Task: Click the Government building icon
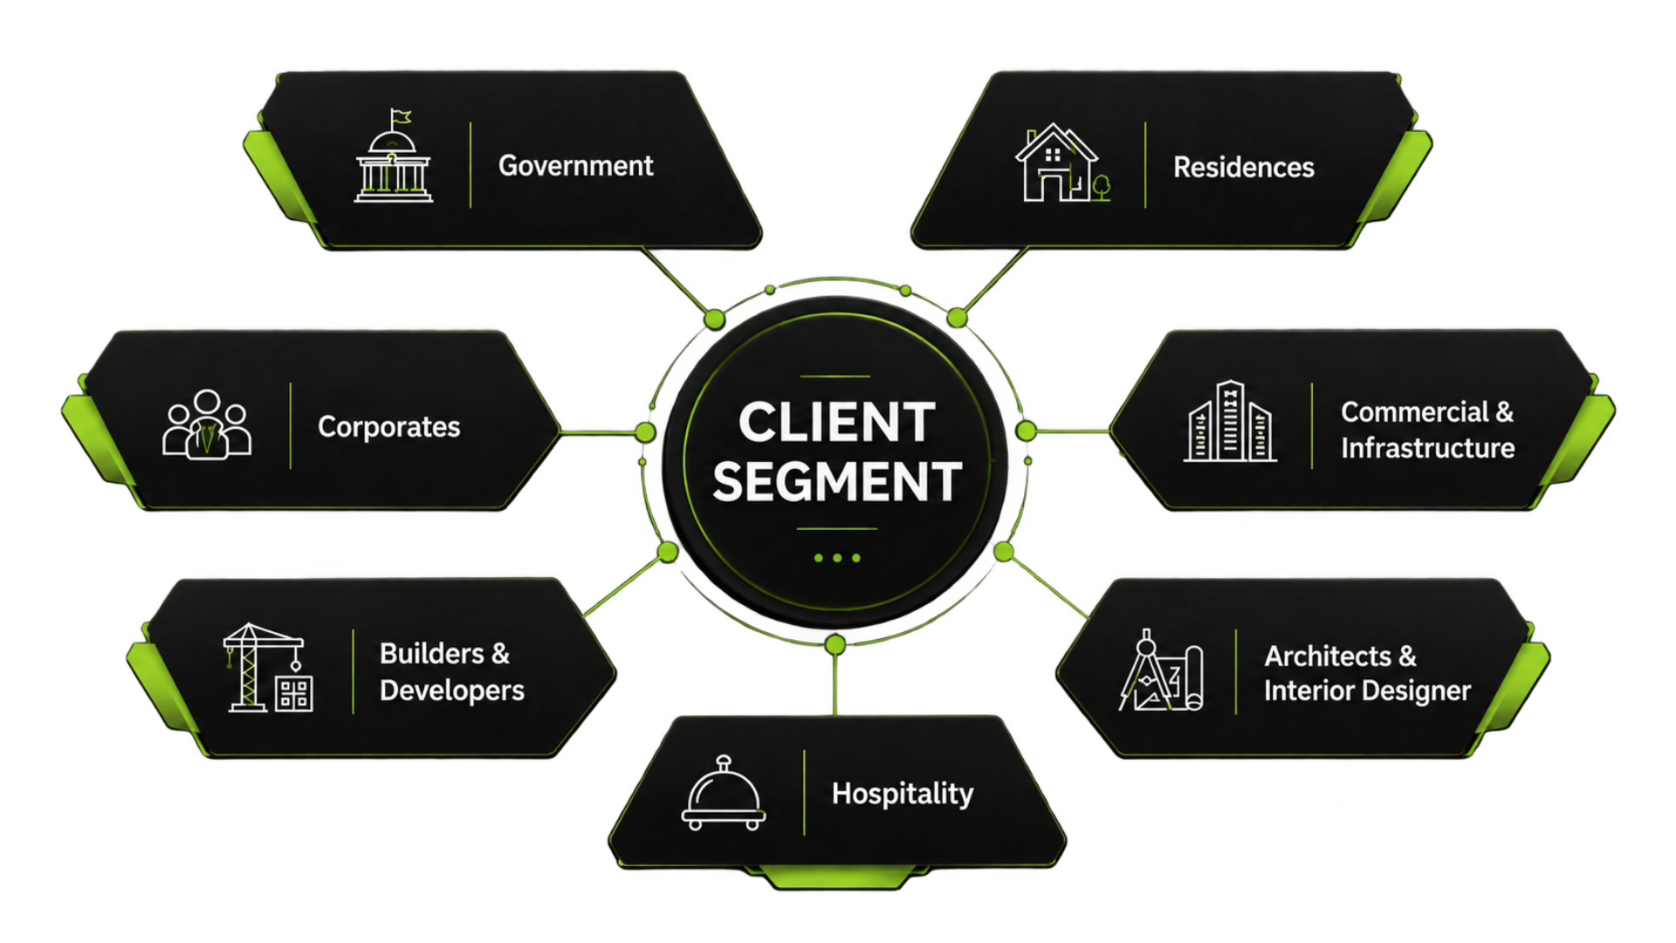tap(393, 156)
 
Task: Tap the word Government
tap(575, 166)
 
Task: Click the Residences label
tap(1243, 167)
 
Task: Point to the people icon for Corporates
tap(207, 424)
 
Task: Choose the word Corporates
tap(388, 427)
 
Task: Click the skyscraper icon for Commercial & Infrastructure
tap(1230, 421)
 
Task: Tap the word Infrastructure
tap(1427, 448)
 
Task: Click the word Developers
tap(452, 691)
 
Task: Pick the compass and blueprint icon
tap(1161, 670)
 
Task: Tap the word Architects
tap(1328, 656)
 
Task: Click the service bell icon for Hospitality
tap(724, 793)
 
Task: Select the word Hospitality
tap(903, 794)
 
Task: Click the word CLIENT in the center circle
tap(837, 423)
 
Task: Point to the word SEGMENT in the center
tap(837, 482)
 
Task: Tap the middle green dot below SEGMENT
tap(837, 558)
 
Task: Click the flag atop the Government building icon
tap(401, 117)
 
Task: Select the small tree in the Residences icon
tap(1102, 187)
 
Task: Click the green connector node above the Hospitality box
tap(835, 645)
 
